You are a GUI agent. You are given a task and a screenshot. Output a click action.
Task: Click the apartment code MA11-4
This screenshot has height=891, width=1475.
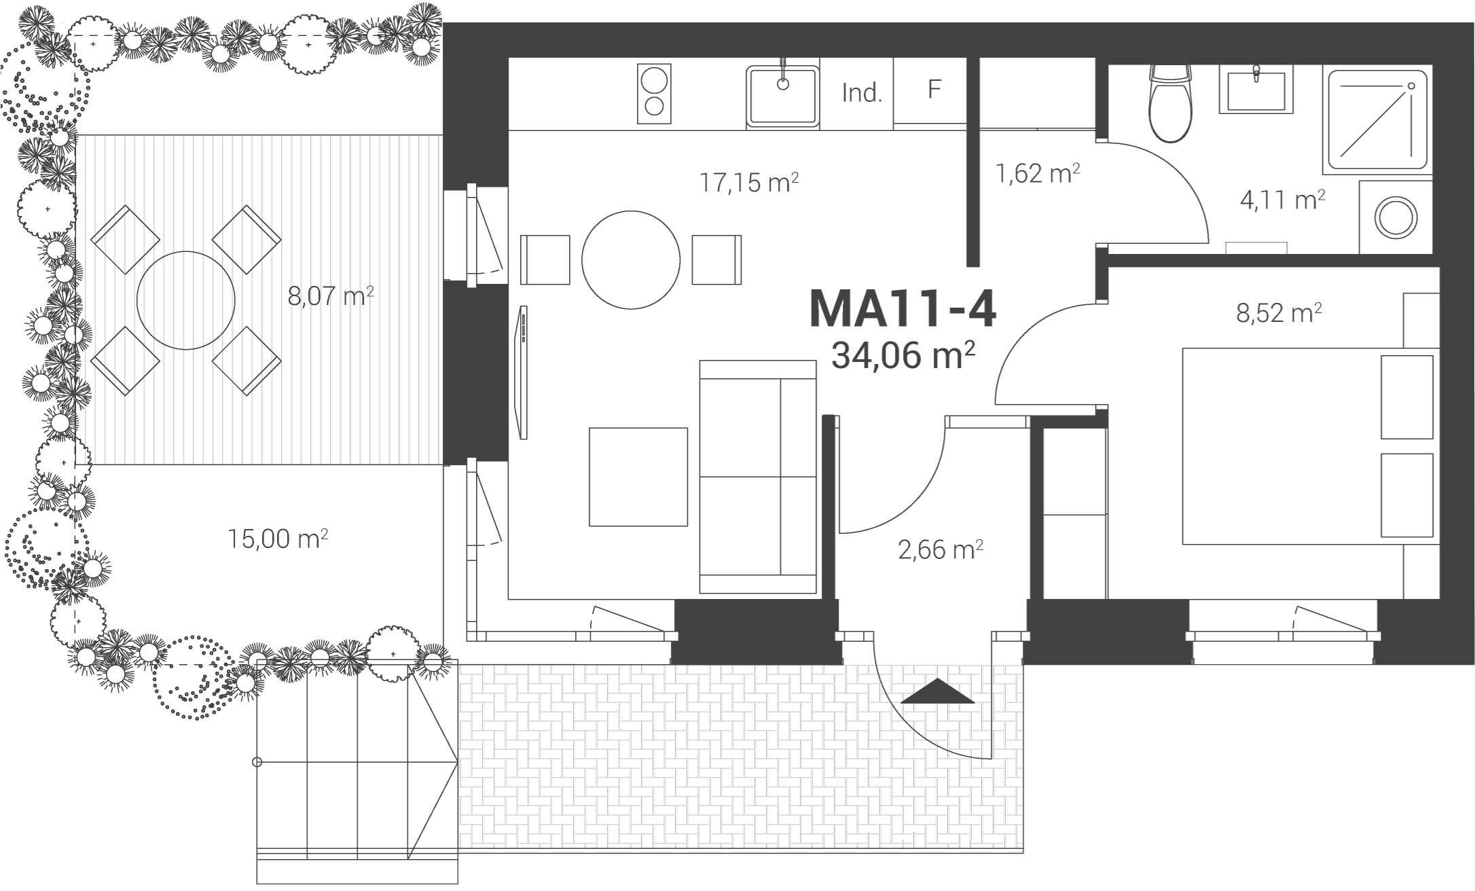[x=903, y=310]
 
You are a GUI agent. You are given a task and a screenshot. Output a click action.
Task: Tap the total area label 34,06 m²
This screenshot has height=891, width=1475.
[x=903, y=355]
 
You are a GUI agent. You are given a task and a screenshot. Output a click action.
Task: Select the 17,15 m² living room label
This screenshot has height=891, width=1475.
[x=748, y=183]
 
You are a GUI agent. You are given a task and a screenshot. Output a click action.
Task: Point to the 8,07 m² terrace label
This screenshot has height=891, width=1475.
[x=331, y=297]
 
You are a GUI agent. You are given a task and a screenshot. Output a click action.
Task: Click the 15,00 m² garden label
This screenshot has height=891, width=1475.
[x=278, y=539]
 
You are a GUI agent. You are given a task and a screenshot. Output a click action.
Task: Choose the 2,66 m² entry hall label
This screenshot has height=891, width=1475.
[x=941, y=549]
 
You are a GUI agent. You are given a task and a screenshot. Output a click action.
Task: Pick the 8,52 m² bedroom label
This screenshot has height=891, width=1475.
[x=1279, y=313]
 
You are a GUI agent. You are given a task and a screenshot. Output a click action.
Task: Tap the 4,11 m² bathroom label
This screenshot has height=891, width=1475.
[x=1283, y=200]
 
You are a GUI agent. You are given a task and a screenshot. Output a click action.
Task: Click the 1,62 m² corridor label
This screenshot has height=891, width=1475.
[x=1038, y=173]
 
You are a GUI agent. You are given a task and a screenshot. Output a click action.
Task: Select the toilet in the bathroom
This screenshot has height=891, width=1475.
[x=1170, y=103]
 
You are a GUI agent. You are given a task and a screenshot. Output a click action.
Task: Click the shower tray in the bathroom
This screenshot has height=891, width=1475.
[x=1378, y=121]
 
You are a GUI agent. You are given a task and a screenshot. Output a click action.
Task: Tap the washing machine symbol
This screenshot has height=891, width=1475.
[x=1396, y=217]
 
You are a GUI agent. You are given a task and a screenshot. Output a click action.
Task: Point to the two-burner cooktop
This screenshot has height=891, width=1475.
[x=654, y=94]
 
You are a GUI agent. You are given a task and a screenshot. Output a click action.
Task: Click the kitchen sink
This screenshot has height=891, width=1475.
[x=782, y=96]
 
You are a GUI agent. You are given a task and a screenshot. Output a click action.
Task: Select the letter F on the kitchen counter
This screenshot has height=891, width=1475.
[x=934, y=89]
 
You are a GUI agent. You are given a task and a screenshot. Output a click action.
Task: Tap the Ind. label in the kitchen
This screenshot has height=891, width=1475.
[x=862, y=92]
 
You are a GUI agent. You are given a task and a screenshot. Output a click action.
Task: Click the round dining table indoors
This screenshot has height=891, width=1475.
[x=631, y=259]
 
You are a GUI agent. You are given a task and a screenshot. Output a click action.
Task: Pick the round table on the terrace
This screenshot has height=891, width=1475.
[x=186, y=300]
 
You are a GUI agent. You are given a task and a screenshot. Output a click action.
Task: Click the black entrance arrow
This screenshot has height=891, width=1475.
[x=938, y=691]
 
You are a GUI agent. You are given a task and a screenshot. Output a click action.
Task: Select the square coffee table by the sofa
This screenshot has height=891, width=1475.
[x=638, y=477]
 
